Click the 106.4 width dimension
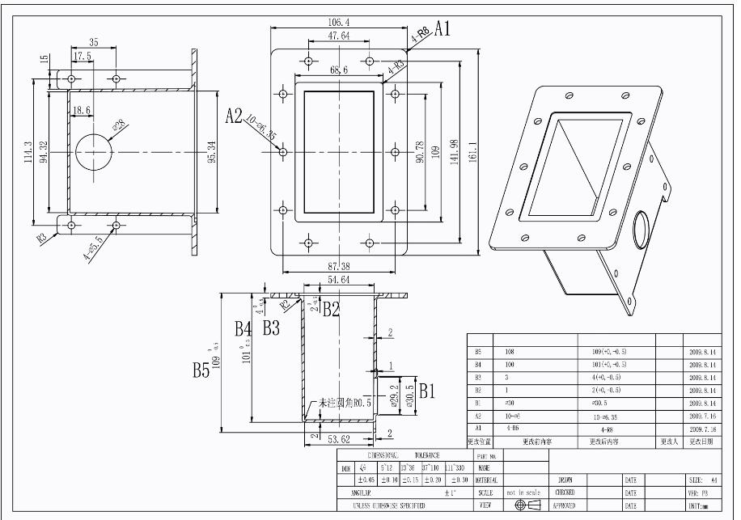click(339, 21)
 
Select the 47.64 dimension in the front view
click(339, 36)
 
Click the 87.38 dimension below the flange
click(339, 266)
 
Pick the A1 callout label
click(442, 30)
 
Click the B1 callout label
click(426, 391)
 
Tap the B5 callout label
click(201, 370)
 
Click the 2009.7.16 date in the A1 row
click(702, 429)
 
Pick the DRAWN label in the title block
click(565, 480)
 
